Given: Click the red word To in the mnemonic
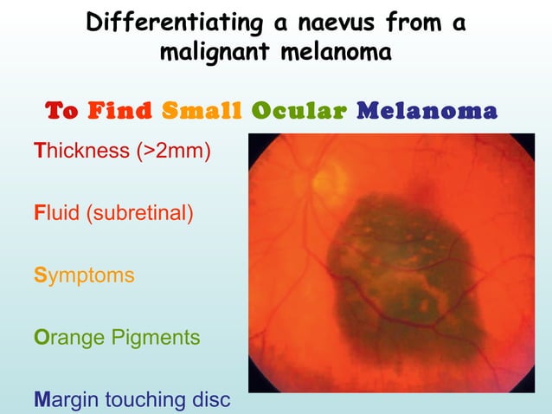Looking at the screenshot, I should pos(61,111).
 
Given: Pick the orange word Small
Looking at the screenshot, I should pos(201,111).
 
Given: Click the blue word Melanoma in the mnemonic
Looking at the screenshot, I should pos(427,111).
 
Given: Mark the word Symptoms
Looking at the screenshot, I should pos(85,275).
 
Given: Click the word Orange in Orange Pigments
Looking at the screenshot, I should pos(68,337).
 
